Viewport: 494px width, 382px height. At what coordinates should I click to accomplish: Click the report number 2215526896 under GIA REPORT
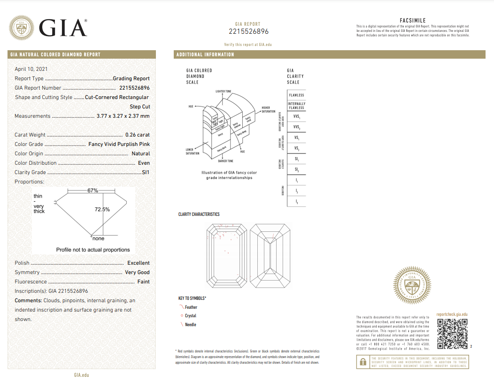click(248, 31)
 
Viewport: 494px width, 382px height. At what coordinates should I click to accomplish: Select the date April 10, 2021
click(31, 69)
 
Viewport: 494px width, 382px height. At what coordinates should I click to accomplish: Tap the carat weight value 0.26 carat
click(138, 135)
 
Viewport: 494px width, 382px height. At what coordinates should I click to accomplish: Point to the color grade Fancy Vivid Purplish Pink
click(119, 144)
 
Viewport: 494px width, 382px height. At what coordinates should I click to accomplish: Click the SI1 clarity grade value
click(146, 172)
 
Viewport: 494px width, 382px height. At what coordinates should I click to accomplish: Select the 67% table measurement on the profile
click(93, 191)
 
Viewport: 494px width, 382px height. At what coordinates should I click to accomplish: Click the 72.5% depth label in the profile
click(102, 209)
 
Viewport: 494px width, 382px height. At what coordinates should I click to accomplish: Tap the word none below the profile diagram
click(98, 239)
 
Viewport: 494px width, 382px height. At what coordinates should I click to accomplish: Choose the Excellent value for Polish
click(139, 263)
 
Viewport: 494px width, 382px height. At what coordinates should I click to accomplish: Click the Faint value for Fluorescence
click(143, 282)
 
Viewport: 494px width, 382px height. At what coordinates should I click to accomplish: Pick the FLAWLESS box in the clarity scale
click(296, 95)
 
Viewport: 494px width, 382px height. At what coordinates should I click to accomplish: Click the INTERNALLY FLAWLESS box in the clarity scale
click(296, 106)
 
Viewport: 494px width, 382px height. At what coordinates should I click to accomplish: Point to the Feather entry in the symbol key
click(191, 307)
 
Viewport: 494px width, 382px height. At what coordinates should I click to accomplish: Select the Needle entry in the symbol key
click(190, 325)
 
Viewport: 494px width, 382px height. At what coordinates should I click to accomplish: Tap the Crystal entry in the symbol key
click(190, 316)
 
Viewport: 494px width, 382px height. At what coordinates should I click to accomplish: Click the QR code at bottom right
click(452, 334)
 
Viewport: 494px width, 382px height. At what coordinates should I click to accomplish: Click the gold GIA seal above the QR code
click(411, 284)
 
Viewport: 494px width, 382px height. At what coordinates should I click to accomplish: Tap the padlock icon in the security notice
click(363, 362)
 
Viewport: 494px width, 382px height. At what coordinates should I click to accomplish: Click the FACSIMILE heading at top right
click(412, 21)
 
